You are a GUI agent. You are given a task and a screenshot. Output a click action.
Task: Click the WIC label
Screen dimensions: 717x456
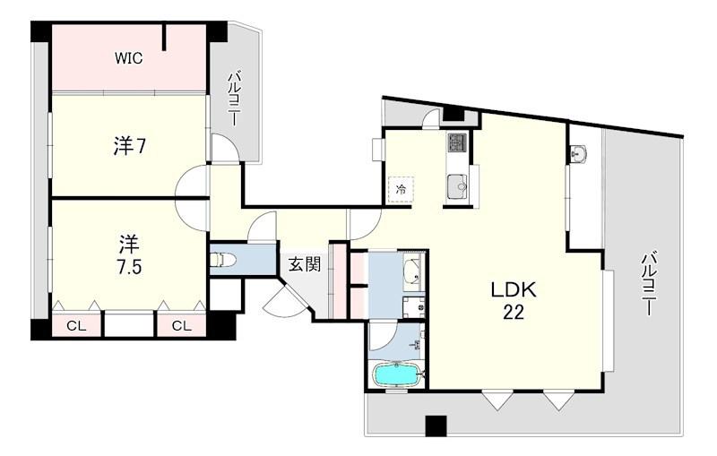(x=128, y=58)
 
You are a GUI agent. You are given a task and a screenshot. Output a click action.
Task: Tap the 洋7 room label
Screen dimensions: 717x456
(x=129, y=146)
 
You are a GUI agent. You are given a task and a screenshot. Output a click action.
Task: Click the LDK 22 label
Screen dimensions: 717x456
(x=513, y=301)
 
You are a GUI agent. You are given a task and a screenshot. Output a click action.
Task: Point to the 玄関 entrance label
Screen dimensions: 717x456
(x=304, y=264)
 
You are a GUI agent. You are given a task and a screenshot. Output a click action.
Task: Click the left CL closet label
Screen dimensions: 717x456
(x=76, y=326)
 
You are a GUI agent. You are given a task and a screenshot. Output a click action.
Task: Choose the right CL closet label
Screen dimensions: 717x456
(x=182, y=326)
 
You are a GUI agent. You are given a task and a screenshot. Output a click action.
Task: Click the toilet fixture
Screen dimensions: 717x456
(x=222, y=260)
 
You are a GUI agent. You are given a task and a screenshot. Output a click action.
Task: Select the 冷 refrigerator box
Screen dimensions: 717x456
(x=401, y=189)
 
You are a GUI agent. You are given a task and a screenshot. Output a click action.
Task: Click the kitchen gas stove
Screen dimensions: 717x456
(x=457, y=142)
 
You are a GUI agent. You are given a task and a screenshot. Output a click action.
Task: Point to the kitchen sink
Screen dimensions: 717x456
(x=457, y=186)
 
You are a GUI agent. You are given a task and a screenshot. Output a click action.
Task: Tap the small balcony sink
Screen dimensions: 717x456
(x=580, y=153)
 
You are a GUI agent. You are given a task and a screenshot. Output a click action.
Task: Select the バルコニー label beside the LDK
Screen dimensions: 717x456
(x=648, y=284)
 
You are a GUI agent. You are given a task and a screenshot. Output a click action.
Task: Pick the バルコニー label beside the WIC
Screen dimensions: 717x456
(x=234, y=99)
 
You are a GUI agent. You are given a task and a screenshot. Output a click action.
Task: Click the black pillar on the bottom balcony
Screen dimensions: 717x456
(x=436, y=426)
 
